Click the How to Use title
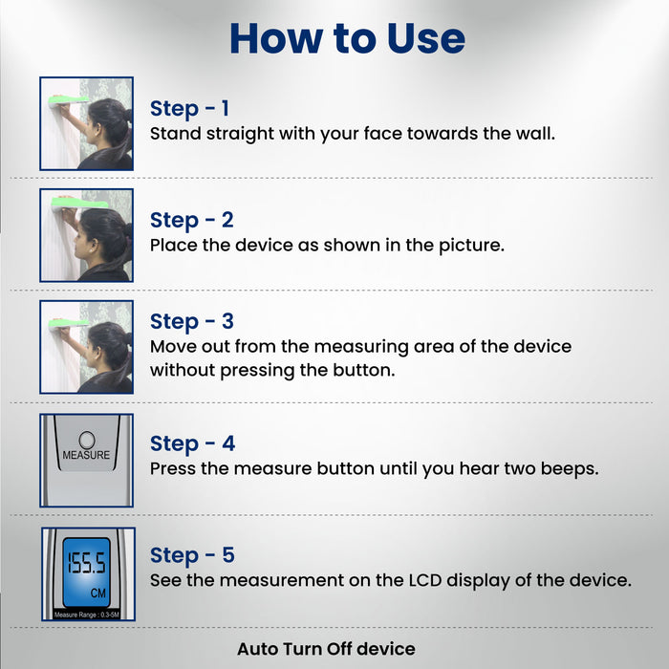[347, 38]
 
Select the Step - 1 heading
[189, 108]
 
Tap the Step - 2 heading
[191, 220]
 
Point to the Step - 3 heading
[191, 321]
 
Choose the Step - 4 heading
[192, 443]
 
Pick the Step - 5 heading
[192, 555]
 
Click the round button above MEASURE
[87, 440]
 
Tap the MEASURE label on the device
[86, 455]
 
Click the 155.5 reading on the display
[86, 563]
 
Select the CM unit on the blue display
[97, 593]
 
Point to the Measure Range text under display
[87, 615]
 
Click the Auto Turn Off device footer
[327, 649]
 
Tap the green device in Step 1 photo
[68, 100]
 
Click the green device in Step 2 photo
[79, 203]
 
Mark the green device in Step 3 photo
[68, 323]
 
